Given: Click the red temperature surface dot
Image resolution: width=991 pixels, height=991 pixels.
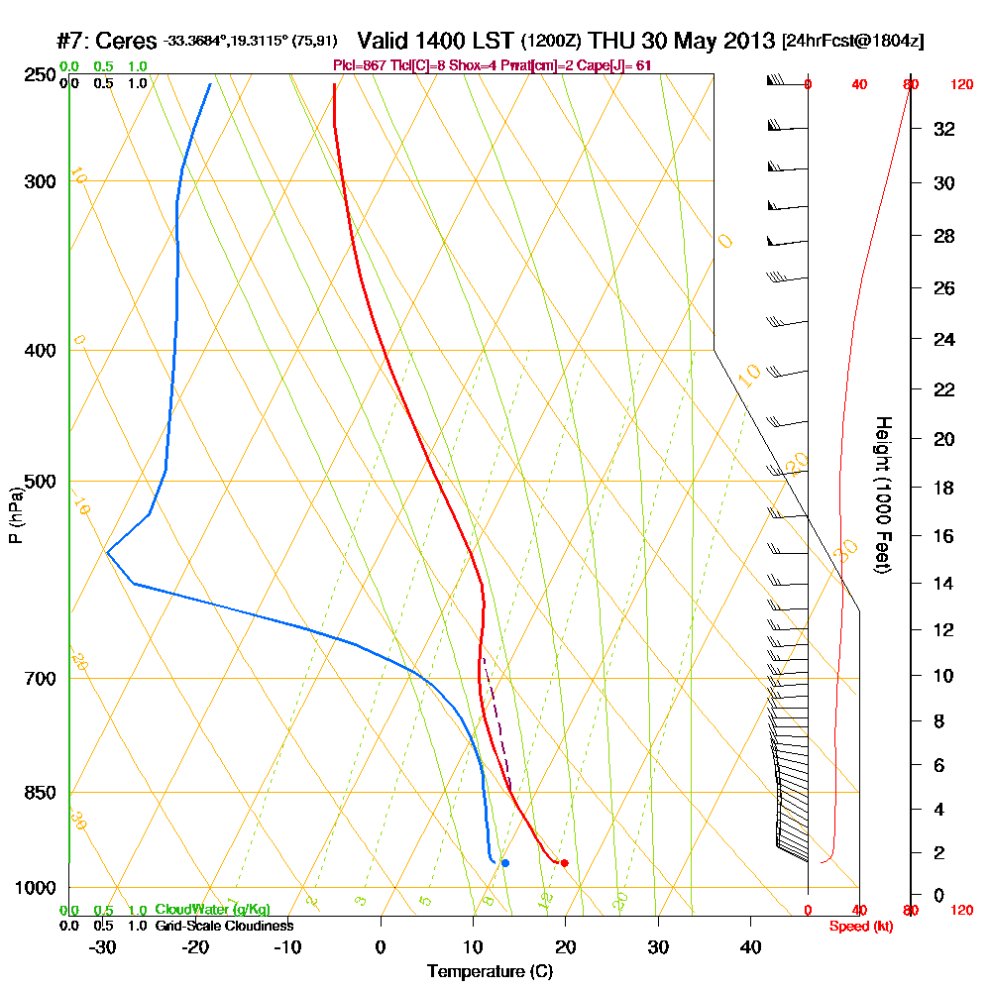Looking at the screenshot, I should [x=564, y=863].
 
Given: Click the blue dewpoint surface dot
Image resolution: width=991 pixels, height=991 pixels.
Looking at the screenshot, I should [x=504, y=863].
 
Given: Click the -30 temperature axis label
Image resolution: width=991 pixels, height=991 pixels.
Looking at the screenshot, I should [x=102, y=945].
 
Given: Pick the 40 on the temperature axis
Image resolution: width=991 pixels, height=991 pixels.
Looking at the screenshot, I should [x=751, y=945].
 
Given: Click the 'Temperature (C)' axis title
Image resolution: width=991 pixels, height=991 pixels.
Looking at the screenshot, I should [x=490, y=972].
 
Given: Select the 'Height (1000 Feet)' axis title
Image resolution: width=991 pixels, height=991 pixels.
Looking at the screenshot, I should [x=881, y=495].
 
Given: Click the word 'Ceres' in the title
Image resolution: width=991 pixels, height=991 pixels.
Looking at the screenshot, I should [x=129, y=42].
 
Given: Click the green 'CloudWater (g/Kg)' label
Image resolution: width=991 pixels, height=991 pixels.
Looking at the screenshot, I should [x=212, y=910].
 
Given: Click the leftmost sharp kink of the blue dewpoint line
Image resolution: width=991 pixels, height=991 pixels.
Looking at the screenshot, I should [x=107, y=551].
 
